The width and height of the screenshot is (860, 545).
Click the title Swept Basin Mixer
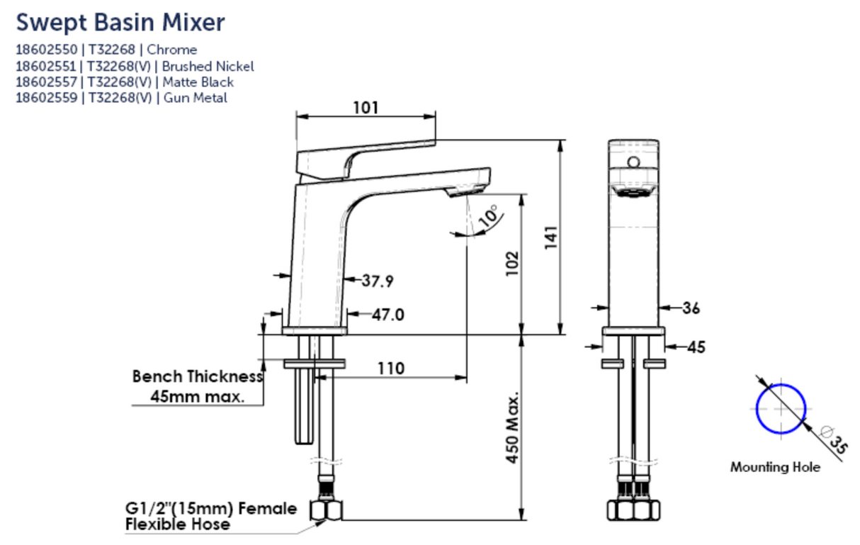click(120, 22)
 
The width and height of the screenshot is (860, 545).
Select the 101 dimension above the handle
click(366, 108)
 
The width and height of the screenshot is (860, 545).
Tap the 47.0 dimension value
click(387, 315)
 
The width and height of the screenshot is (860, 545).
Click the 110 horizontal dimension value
click(390, 369)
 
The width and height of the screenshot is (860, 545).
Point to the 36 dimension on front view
click(691, 308)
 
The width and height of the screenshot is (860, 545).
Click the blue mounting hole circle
click(781, 408)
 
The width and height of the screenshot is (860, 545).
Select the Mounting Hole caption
click(775, 467)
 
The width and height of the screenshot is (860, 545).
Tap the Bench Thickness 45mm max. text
click(197, 386)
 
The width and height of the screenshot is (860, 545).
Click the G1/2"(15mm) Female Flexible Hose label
click(210, 517)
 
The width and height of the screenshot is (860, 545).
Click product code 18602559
click(47, 99)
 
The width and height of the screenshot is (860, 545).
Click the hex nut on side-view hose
click(327, 510)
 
